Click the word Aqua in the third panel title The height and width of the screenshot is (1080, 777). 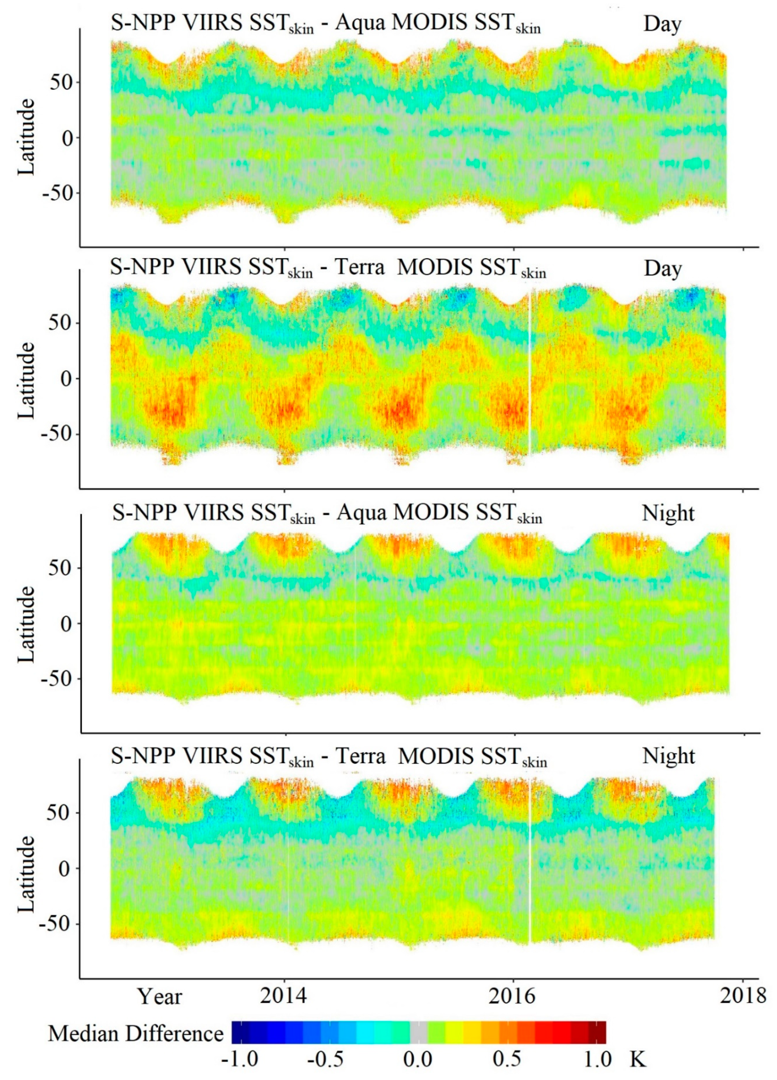pyautogui.click(x=360, y=513)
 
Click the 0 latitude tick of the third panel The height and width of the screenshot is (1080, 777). pyautogui.click(x=66, y=623)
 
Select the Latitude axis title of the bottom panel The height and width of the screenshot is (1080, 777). pyautogui.click(x=26, y=873)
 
